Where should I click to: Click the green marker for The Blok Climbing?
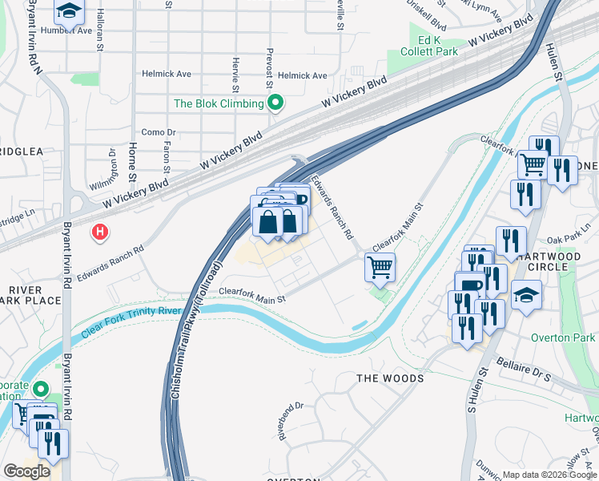pos(275,103)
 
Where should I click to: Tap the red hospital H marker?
pos(100,232)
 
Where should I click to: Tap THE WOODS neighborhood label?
pos(390,378)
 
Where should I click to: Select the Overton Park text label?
pos(563,338)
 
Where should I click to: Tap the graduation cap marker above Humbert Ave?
pos(70,11)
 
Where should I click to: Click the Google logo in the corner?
pos(26,471)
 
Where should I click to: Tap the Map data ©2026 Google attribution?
pos(549,475)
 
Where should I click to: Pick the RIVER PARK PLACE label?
pos(32,294)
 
